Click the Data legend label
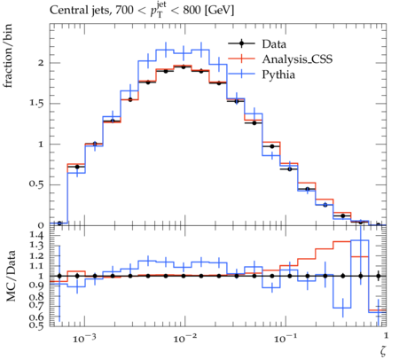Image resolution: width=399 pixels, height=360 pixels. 274,44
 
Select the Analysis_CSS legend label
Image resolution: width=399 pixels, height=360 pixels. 297,59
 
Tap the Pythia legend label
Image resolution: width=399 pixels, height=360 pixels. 278,74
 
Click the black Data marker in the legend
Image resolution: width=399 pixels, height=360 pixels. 241,43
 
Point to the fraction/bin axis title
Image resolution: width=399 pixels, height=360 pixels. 8,56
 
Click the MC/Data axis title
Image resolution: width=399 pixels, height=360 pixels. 11,276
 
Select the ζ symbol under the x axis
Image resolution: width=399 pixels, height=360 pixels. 383,350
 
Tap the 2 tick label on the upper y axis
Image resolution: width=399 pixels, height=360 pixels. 40,63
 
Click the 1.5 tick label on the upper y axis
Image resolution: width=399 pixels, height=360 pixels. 36,104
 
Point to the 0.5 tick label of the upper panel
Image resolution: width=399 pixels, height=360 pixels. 36,184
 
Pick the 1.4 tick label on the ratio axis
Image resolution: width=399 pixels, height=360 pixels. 36,235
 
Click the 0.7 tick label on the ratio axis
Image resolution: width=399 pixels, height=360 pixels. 36,304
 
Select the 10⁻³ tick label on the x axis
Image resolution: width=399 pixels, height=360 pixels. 84,338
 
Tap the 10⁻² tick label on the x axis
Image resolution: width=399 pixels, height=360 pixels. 184,338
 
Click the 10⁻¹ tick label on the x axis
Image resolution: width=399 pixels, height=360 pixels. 286,338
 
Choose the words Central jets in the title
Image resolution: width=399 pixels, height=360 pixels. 80,11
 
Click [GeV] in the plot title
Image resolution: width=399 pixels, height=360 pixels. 219,11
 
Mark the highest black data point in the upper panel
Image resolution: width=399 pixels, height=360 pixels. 184,67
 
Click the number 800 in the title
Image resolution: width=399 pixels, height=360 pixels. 192,11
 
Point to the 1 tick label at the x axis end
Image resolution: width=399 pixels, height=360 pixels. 386,336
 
